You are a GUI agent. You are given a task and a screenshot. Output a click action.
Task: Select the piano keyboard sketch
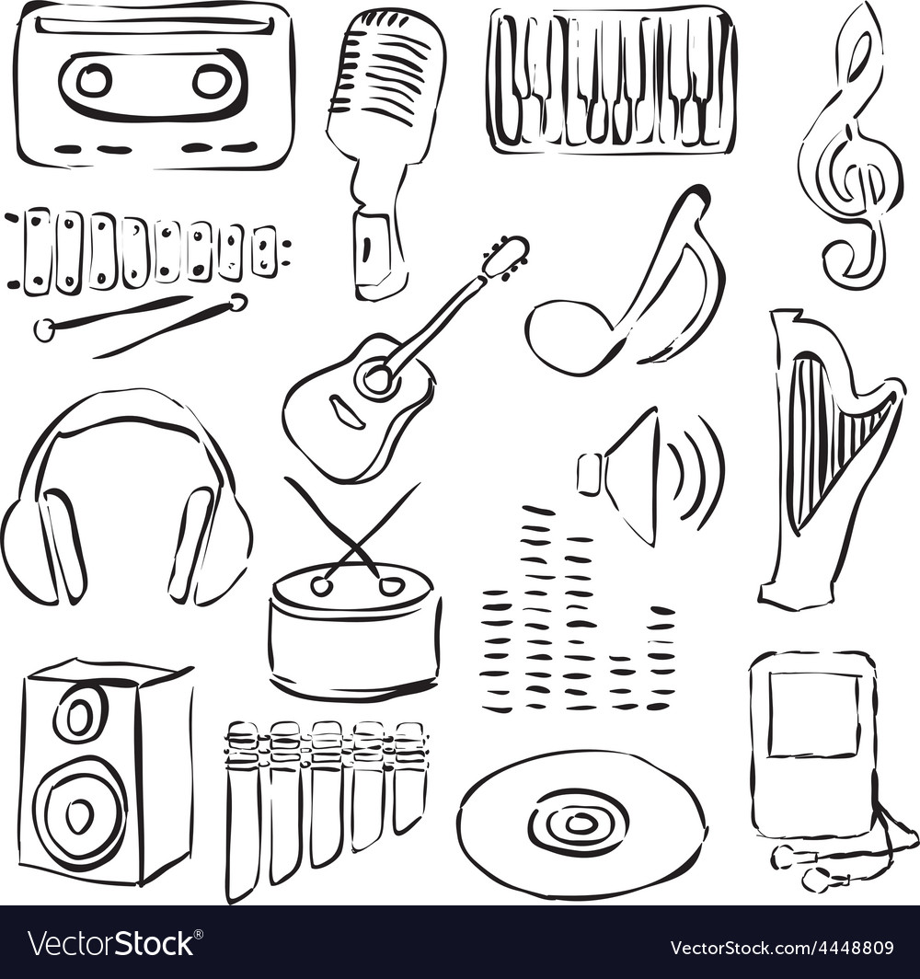coord(612,80)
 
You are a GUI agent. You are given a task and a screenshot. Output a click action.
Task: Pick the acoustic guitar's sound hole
coord(377,377)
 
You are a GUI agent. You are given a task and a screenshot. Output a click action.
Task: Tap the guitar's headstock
coord(508,256)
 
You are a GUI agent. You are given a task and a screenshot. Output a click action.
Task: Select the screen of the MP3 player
coord(814,715)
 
